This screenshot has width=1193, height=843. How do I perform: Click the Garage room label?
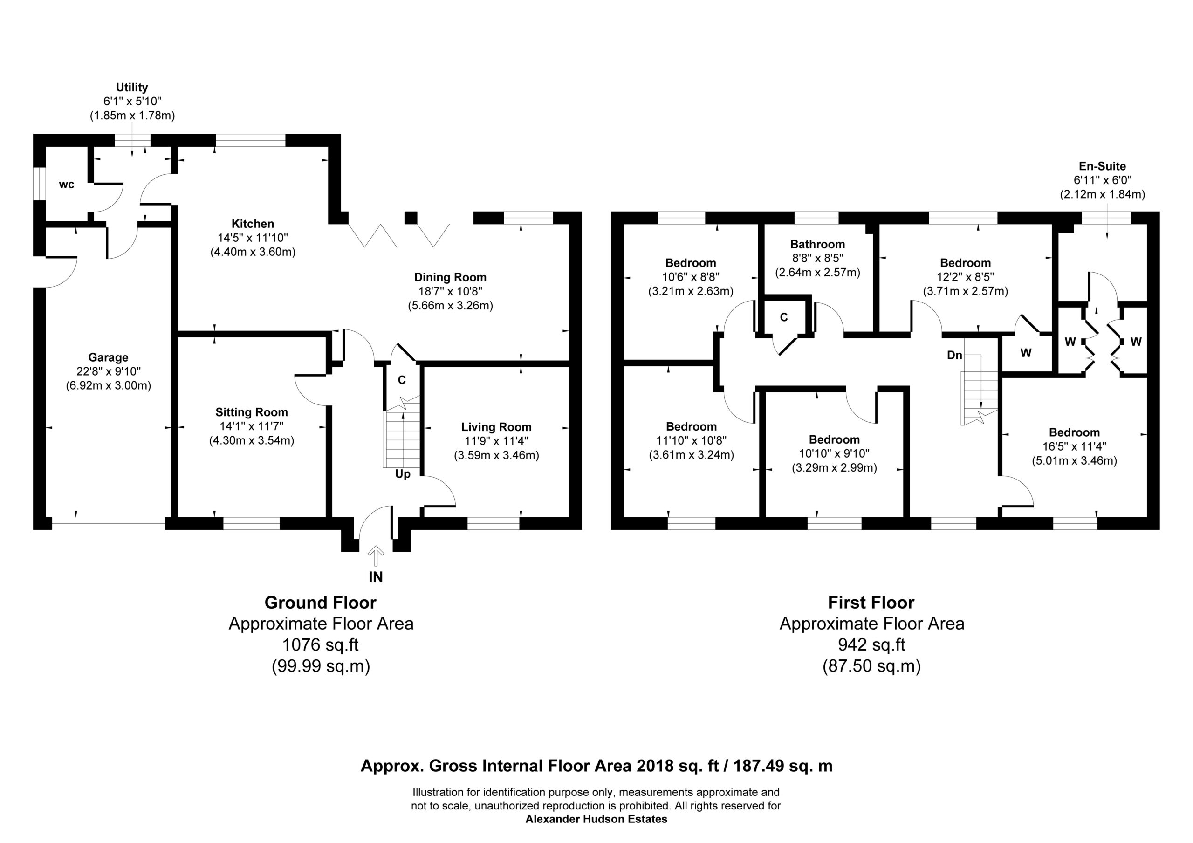pos(108,357)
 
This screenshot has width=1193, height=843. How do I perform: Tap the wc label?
pos(67,185)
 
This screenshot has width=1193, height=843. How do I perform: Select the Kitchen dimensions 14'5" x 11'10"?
pos(253,238)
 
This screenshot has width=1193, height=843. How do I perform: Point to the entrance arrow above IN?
pos(376,555)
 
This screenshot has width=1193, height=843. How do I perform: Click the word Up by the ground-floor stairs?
pos(403,474)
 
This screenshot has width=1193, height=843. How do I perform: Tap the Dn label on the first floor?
pos(954,356)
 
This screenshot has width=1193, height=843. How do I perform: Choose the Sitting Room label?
pos(252,412)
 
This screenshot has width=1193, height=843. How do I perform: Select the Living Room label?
pos(496,427)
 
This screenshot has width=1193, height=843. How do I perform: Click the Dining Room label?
pos(450,278)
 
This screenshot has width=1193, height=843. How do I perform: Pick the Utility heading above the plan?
pos(132,87)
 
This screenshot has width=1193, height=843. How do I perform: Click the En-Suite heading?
pos(1102,166)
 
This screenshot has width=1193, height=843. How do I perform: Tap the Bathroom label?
pos(817,244)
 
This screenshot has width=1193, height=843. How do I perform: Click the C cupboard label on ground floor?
pos(402,380)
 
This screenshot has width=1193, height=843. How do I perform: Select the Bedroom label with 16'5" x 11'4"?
pos(1074,432)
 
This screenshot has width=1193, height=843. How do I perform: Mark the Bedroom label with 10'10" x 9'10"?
pos(834,440)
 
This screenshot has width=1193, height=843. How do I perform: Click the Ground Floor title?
pos(321,603)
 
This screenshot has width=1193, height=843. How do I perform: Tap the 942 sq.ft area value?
pos(871,644)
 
